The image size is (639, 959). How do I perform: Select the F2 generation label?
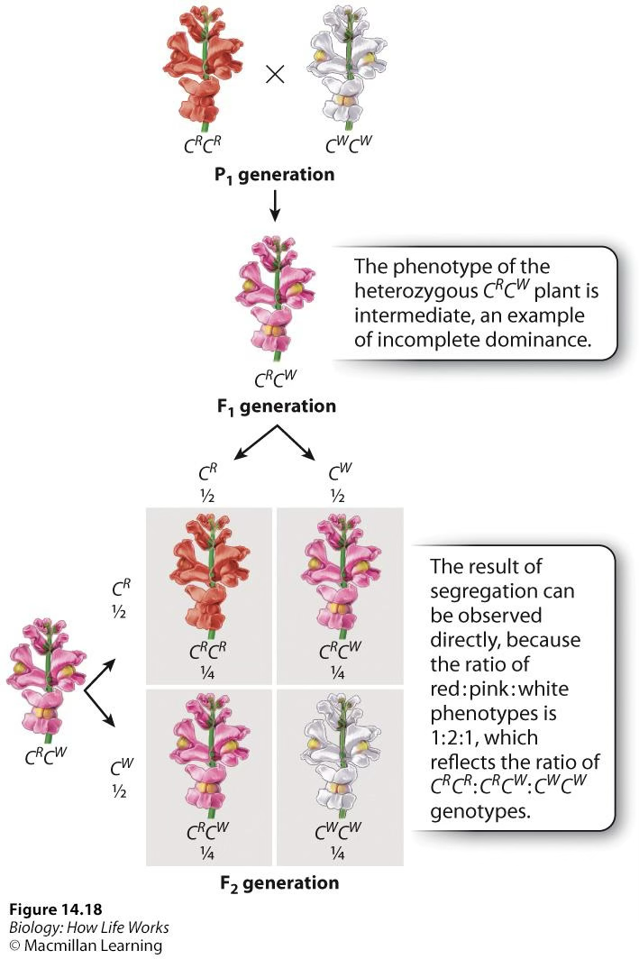[x=279, y=882]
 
